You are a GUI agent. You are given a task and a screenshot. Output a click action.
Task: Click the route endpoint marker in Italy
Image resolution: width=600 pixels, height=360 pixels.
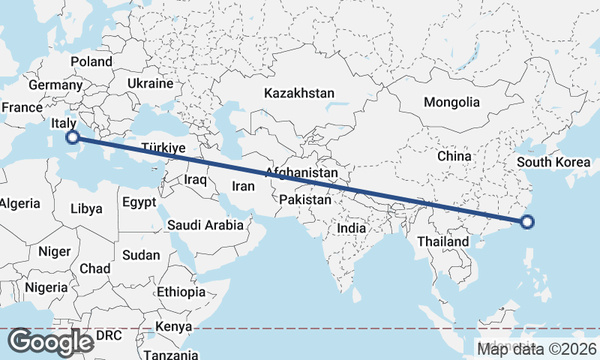pos(72,136)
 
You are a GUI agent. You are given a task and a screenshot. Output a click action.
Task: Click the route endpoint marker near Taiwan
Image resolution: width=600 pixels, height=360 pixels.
pos(527,221)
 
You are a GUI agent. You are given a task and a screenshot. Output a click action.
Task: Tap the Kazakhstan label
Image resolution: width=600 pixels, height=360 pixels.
pos(298,93)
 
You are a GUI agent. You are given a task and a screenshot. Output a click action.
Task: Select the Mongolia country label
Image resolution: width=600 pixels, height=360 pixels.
pos(451,102)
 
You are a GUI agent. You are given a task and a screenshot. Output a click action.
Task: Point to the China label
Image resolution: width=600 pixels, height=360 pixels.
pos(454,156)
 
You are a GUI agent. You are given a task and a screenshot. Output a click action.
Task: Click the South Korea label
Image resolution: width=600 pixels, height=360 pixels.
pos(556,162)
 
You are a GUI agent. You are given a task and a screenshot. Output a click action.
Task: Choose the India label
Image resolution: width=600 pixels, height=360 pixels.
pos(352,227)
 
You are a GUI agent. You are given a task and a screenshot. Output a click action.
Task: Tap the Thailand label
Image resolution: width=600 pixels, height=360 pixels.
pos(443,241)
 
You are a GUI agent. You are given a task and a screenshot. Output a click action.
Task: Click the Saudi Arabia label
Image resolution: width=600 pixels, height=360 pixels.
pos(205,224)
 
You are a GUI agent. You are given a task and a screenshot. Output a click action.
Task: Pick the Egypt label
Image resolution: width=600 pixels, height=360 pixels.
pos(139,202)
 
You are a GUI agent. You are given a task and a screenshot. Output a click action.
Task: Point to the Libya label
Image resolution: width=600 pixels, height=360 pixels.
pos(86,208)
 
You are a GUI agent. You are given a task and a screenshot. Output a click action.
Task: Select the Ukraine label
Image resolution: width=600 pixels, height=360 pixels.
pos(150,83)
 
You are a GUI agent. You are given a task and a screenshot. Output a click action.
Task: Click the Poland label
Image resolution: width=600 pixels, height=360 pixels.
pos(91,61)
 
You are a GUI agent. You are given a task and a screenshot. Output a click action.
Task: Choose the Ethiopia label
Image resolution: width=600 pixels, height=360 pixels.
pos(181,291)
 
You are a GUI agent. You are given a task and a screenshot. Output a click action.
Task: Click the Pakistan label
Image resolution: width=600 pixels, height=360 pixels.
pos(305,199)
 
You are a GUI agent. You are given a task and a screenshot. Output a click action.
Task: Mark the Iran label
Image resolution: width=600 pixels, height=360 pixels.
pos(244,185)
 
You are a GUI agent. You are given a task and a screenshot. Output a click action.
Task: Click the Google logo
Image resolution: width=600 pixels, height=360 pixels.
pos(51,341)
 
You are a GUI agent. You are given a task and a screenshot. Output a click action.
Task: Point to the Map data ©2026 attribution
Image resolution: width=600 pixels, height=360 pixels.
pos(537,348)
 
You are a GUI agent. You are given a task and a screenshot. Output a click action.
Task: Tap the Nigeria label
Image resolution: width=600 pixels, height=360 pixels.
pos(46,287)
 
